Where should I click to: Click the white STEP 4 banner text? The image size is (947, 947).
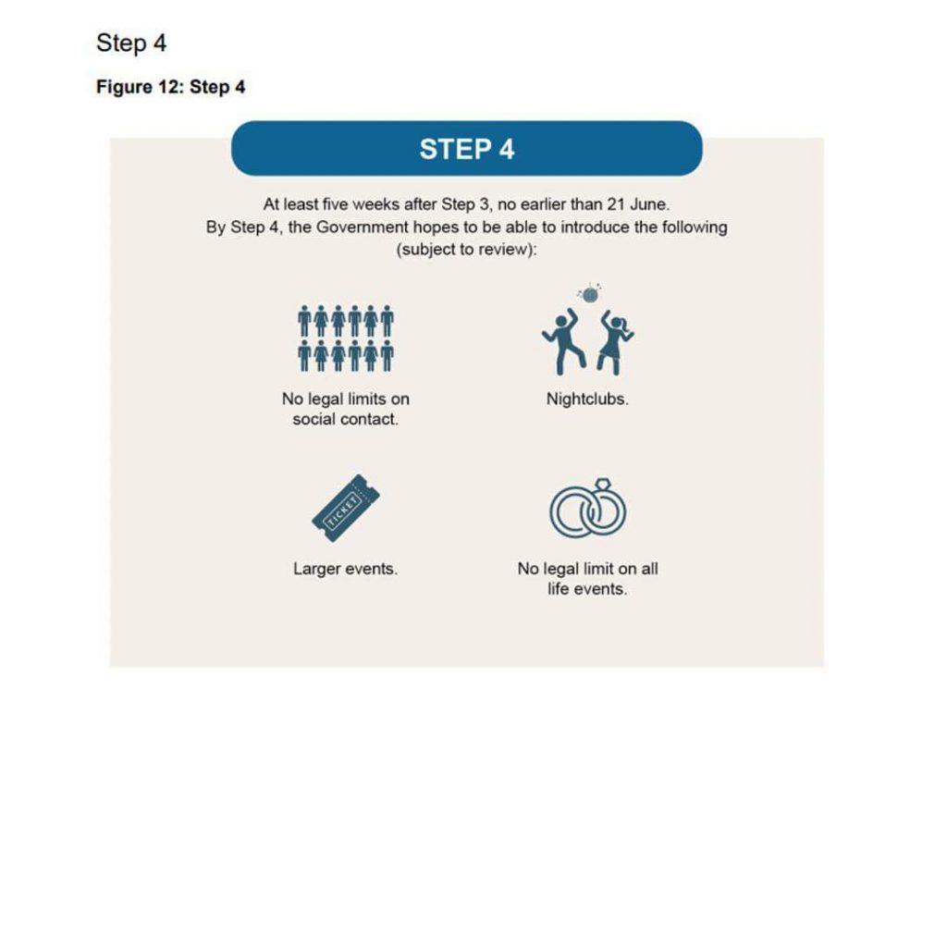[x=466, y=149]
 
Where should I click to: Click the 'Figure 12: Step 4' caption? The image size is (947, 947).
[x=170, y=88]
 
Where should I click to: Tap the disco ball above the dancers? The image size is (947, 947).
[x=588, y=294]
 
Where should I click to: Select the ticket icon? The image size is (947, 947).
[x=346, y=508]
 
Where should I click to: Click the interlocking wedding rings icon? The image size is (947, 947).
[x=587, y=510]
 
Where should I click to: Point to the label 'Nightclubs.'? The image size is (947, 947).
[x=587, y=400]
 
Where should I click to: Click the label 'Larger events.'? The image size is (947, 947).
[x=345, y=570]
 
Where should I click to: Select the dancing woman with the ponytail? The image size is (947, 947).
[x=614, y=342]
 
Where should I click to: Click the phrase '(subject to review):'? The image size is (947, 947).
[x=466, y=251]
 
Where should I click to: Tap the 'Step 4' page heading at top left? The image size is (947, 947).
[x=131, y=43]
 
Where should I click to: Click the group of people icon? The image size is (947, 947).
[x=345, y=338]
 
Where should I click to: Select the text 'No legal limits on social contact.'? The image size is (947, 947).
[x=345, y=410]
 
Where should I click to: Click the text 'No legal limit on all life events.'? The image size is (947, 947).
[x=587, y=579]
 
